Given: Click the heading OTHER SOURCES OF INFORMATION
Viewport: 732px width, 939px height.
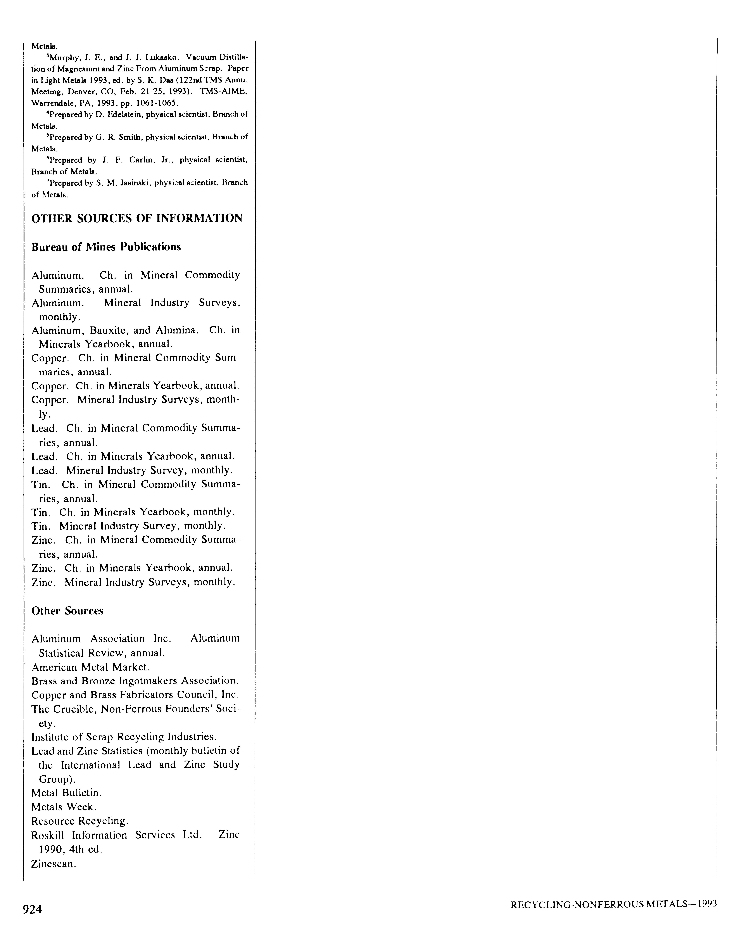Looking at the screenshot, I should coord(137,218).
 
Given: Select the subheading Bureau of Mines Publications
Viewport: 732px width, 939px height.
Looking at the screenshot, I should coord(106,247).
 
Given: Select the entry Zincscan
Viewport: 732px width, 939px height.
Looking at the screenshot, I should coord(53,864).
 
